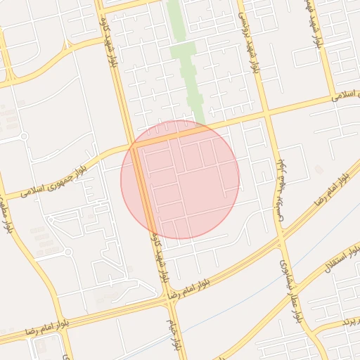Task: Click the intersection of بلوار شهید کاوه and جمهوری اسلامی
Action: pos(132,144)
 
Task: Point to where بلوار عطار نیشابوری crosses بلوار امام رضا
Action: pos(282,243)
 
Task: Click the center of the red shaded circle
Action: pos(180,179)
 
